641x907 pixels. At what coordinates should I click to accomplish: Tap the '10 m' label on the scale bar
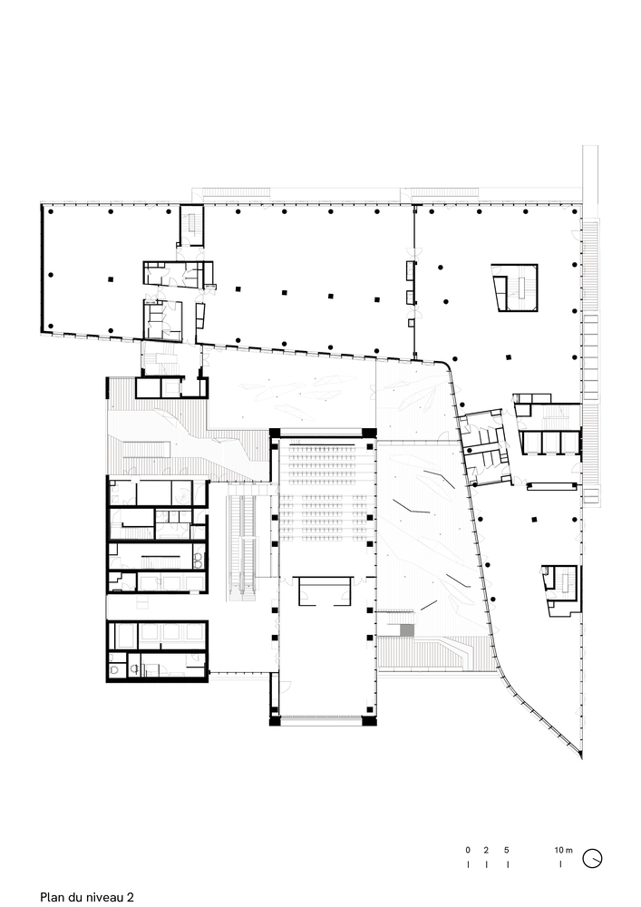[564, 850]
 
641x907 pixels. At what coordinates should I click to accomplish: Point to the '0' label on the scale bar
[468, 850]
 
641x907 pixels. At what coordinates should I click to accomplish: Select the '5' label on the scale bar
[507, 850]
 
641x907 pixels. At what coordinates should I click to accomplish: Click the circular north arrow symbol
[594, 857]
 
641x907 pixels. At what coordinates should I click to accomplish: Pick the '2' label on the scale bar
[486, 850]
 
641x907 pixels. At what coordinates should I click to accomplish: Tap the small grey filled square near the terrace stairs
[407, 629]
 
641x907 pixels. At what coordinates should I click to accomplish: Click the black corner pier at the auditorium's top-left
[273, 433]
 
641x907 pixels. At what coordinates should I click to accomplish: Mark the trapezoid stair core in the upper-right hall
[515, 288]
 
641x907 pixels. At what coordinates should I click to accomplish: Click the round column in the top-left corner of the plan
[51, 211]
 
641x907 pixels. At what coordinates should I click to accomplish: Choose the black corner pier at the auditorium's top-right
[370, 433]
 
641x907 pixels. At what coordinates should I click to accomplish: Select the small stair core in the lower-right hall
[560, 580]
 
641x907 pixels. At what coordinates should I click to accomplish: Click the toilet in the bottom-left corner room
[115, 668]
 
